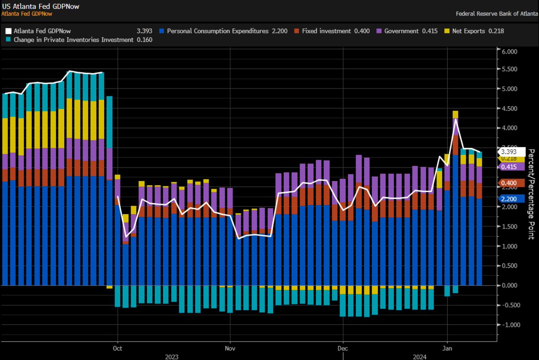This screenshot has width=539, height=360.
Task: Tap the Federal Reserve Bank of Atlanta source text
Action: (496, 13)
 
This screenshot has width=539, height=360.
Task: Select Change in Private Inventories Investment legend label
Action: (72, 40)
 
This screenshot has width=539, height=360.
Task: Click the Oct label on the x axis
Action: (118, 347)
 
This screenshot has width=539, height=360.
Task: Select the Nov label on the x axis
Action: (230, 347)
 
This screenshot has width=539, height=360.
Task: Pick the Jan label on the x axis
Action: (447, 347)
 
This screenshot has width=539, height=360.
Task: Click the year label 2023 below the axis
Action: (172, 356)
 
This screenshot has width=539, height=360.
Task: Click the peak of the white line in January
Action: (455, 119)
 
